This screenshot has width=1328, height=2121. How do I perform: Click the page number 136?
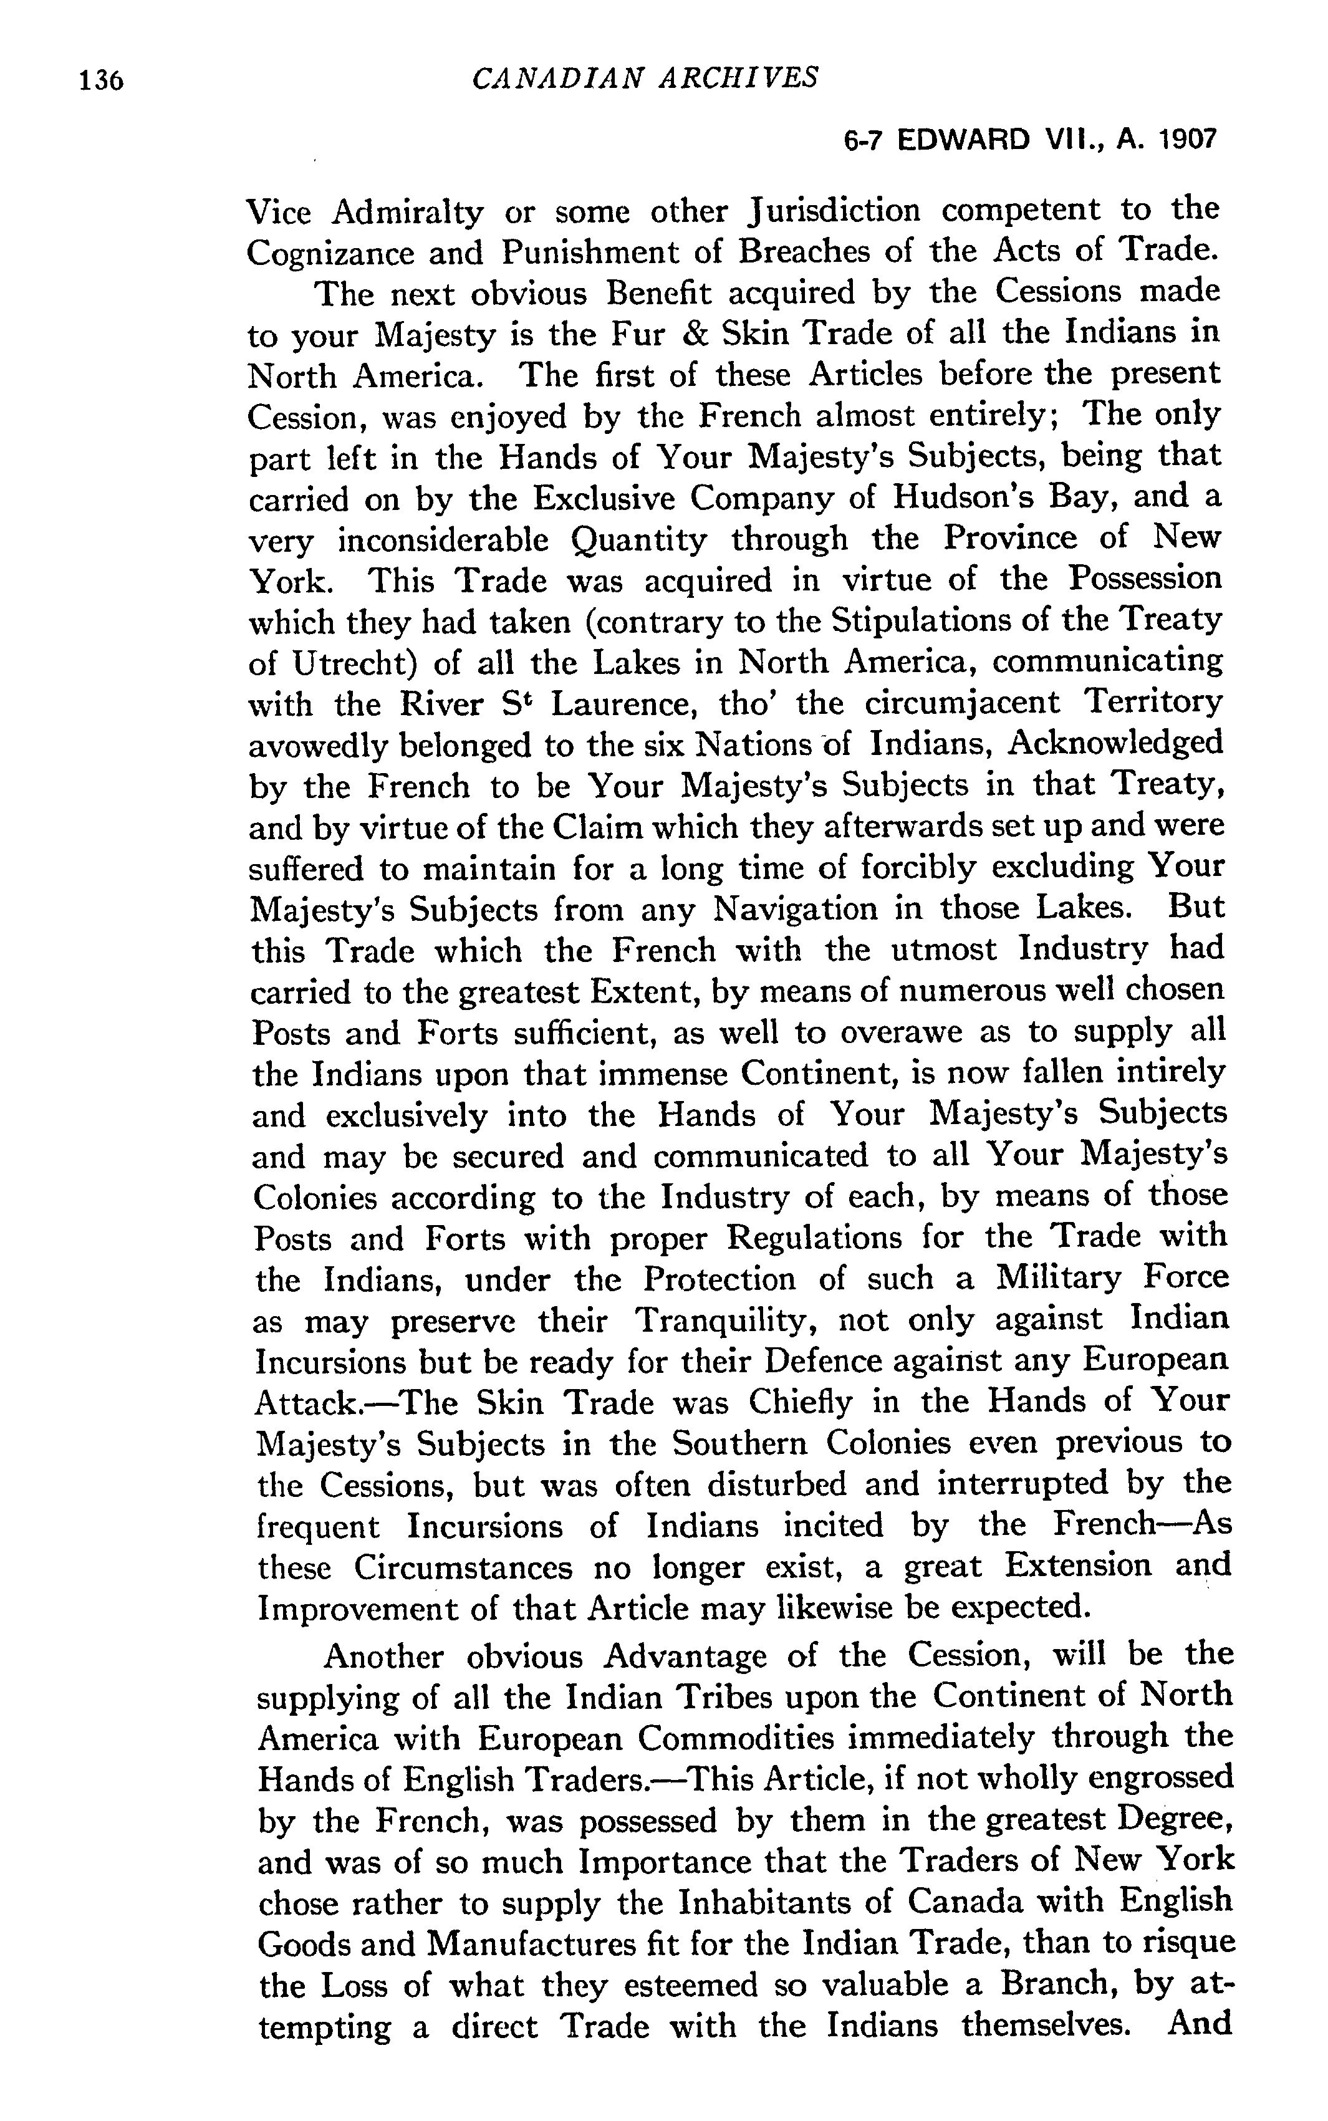click(101, 81)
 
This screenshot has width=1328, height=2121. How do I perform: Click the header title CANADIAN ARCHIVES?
click(645, 78)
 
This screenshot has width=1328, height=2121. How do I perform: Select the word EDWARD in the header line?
click(962, 140)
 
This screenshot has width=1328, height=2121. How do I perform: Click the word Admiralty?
click(408, 211)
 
